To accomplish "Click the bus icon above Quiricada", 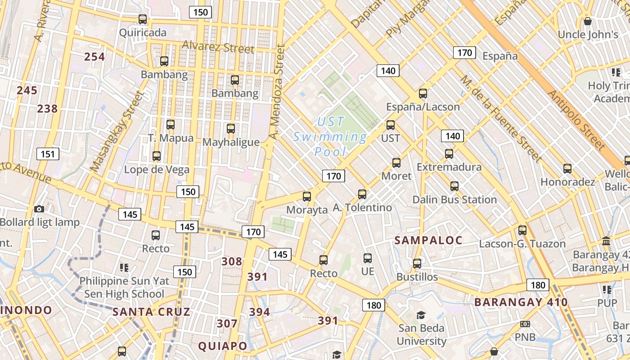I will click(x=143, y=19).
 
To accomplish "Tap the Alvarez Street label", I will click(x=218, y=47).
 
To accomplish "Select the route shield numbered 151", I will click(x=47, y=154).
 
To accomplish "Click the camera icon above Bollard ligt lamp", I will click(x=39, y=209).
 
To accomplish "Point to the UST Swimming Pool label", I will click(x=330, y=136).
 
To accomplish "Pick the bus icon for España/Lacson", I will click(x=423, y=94).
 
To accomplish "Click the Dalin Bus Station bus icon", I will click(x=454, y=186).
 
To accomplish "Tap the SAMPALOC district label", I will click(x=428, y=240).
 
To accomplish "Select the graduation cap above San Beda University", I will click(x=421, y=315).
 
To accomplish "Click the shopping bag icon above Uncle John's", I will click(x=587, y=21).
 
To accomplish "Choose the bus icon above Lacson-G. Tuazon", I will click(x=522, y=230).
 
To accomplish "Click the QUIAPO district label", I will click(x=223, y=346).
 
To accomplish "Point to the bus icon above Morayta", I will click(x=307, y=196).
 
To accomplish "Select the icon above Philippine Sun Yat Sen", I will click(x=124, y=268).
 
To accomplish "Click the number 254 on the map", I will click(x=94, y=57).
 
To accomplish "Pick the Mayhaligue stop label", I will click(x=231, y=142).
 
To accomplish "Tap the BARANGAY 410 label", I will click(x=521, y=302).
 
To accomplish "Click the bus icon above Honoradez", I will click(x=567, y=169).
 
